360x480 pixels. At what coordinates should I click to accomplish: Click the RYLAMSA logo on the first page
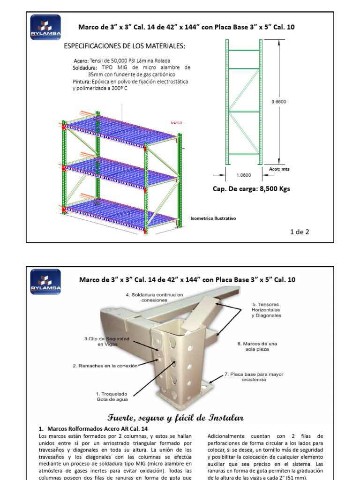[45, 27]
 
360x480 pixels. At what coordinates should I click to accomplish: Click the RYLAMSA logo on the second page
[45, 281]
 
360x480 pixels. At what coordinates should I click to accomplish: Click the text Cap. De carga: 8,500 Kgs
[251, 189]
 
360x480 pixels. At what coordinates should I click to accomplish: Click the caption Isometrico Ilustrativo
[213, 218]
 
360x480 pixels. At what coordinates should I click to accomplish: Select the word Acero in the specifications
[81, 61]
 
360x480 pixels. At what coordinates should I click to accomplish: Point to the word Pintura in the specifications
[81, 81]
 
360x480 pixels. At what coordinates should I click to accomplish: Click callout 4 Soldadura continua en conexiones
[154, 297]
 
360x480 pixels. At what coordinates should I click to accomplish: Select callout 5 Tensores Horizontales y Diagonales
[266, 310]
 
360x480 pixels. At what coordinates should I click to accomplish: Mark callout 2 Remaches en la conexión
[105, 366]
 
